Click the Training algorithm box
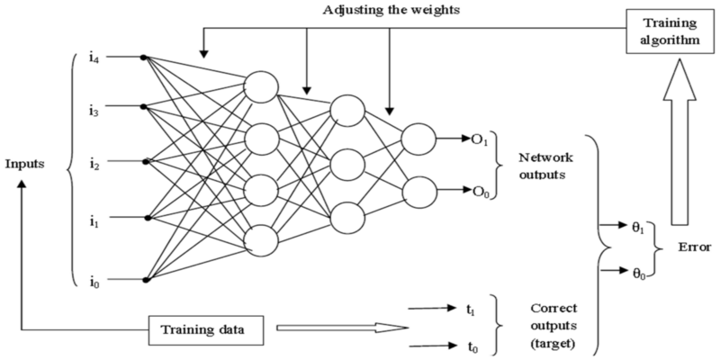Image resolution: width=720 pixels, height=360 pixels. pyautogui.click(x=670, y=31)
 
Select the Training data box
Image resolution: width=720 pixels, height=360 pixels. pyautogui.click(x=206, y=329)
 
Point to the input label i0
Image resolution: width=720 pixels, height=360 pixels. pyautogui.click(x=95, y=281)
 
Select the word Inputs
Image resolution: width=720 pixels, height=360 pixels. pyautogui.click(x=25, y=164)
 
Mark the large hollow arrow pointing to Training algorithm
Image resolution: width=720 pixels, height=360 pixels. pyautogui.click(x=679, y=142)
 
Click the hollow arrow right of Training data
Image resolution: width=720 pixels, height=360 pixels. pyautogui.click(x=343, y=328)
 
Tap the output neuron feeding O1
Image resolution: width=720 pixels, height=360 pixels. pyautogui.click(x=418, y=139)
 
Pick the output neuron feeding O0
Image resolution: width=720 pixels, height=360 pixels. pyautogui.click(x=419, y=192)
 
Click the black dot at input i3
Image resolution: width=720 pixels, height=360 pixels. pyautogui.click(x=143, y=106)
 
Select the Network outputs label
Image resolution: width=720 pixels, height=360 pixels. pyautogui.click(x=545, y=166)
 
